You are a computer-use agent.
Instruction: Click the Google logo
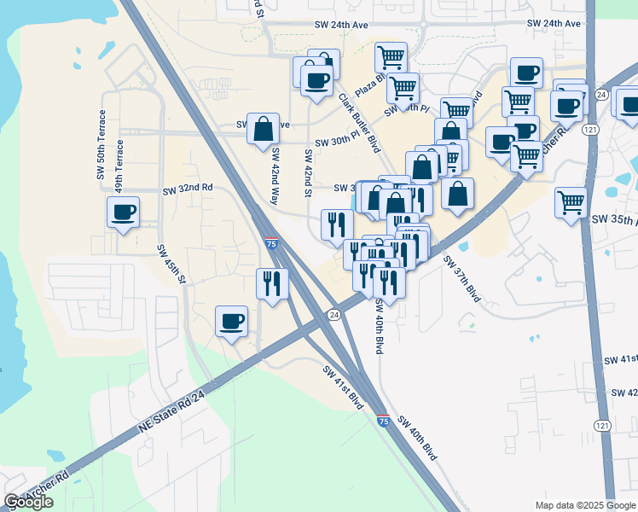pyautogui.click(x=29, y=503)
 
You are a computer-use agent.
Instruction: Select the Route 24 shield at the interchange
pyautogui.click(x=333, y=315)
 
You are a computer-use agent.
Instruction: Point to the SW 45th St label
pyautogui.click(x=171, y=264)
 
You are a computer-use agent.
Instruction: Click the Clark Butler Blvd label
pyautogui.click(x=358, y=123)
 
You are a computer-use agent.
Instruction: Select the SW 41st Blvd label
pyautogui.click(x=344, y=387)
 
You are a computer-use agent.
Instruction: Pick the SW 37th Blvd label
pyautogui.click(x=462, y=279)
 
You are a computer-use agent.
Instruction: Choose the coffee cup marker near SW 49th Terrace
pyautogui.click(x=123, y=212)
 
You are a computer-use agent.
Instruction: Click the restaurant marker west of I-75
pyautogui.click(x=272, y=283)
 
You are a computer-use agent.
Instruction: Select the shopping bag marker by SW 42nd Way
pyautogui.click(x=263, y=129)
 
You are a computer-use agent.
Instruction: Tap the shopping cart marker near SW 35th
pyautogui.click(x=571, y=202)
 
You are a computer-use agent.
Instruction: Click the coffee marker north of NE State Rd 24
pyautogui.click(x=231, y=321)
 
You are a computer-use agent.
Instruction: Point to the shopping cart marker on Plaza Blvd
pyautogui.click(x=391, y=58)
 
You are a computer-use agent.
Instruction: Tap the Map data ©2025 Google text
pyautogui.click(x=584, y=505)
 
